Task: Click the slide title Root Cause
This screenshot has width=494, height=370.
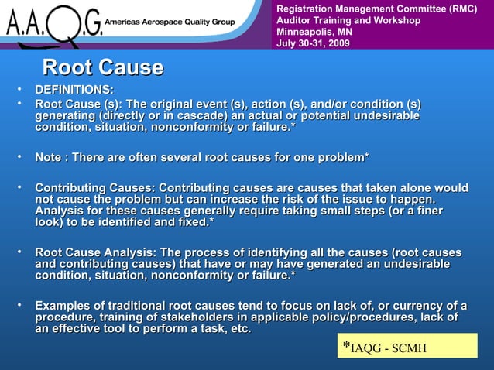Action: (x=103, y=67)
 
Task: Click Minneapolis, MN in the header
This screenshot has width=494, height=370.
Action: (x=310, y=32)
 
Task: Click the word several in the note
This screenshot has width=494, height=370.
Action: (x=197, y=158)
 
